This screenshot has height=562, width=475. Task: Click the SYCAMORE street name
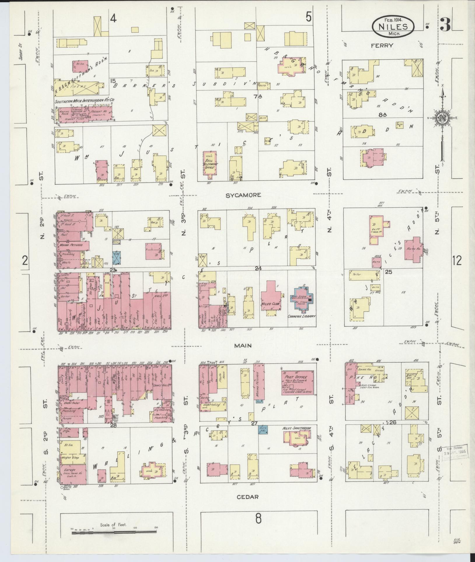tap(243, 195)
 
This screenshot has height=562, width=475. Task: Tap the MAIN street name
tap(243, 345)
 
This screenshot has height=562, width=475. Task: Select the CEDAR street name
tap(247, 497)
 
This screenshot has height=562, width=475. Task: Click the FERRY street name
tap(382, 45)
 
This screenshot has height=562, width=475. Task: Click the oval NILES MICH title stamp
tap(393, 26)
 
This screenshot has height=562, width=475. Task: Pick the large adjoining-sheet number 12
tap(457, 260)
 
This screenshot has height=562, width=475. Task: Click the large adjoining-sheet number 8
tap(258, 519)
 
